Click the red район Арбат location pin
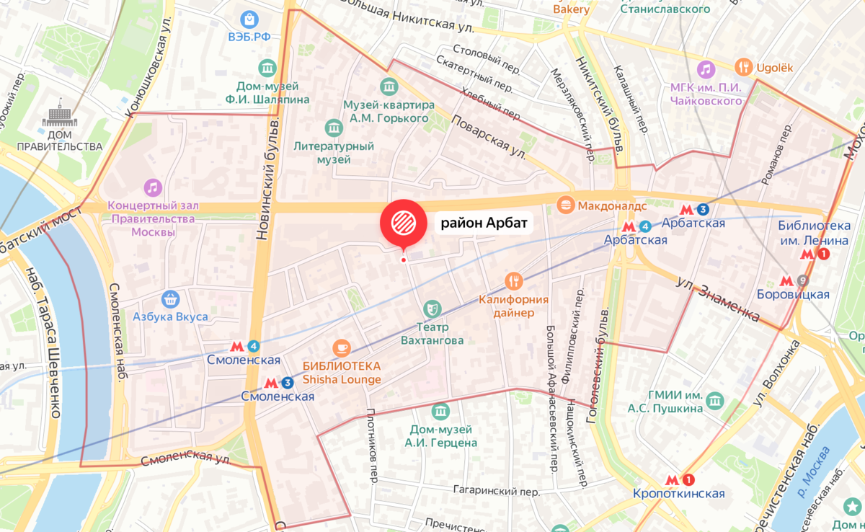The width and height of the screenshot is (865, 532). click(403, 223)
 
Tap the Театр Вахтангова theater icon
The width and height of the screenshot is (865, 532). click(432, 309)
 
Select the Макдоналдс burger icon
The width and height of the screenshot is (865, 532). click(567, 206)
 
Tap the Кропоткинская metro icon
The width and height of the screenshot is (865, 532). click(679, 480)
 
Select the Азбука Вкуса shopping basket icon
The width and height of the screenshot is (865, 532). click(171, 298)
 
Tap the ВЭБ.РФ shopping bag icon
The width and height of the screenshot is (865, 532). click(249, 18)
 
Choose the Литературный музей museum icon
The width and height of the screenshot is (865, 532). click(334, 128)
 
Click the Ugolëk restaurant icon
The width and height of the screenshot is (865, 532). click(743, 68)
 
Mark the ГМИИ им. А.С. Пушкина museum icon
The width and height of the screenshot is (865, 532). click(714, 400)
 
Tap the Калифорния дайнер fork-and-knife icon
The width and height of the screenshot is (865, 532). click(513, 281)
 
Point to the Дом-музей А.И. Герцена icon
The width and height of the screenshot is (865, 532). click(440, 411)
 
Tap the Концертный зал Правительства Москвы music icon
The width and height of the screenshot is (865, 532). click(152, 188)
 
